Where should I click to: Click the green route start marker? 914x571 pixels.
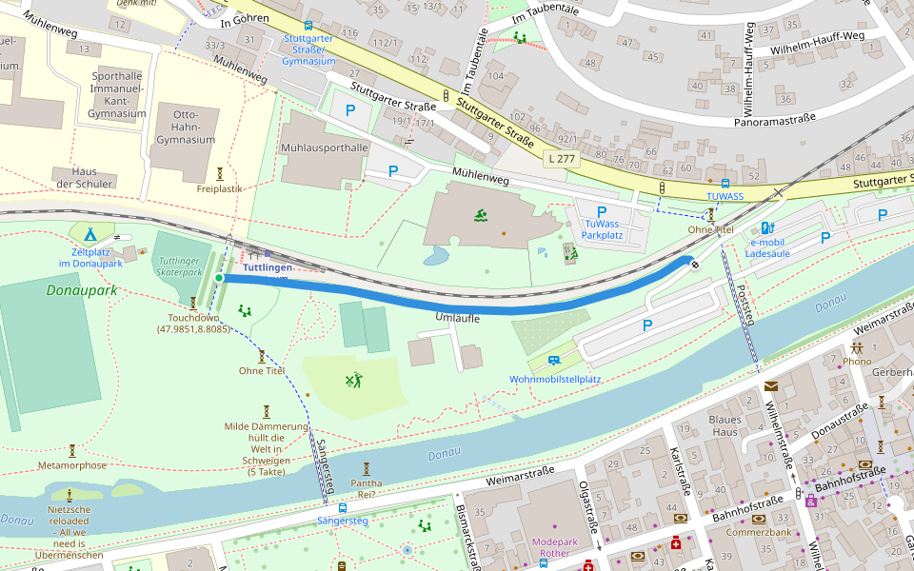[219, 277]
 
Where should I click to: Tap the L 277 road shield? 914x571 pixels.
[562, 160]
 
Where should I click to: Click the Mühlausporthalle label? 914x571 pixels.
[324, 148]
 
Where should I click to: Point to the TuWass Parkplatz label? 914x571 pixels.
[601, 228]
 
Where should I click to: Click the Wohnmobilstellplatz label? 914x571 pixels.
[555, 379]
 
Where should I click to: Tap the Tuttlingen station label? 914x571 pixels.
[268, 267]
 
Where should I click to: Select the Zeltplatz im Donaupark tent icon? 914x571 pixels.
[90, 233]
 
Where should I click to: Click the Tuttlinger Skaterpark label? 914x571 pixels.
[181, 266]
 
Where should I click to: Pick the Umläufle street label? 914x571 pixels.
[457, 318]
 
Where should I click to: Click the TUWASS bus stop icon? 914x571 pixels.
[725, 183]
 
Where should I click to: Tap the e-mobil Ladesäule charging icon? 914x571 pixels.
[767, 228]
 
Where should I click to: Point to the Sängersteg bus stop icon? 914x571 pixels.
[343, 507]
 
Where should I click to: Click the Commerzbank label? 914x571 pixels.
[758, 532]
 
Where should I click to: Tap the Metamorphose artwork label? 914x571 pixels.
[72, 465]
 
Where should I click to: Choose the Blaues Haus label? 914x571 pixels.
[725, 425]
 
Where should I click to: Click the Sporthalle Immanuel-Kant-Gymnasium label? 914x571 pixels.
[116, 94]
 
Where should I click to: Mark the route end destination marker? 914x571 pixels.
[696, 265]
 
